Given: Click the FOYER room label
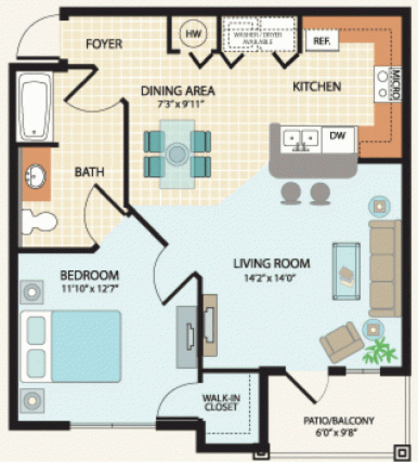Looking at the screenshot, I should click(104, 44).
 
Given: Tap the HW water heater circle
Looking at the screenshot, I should click(193, 34).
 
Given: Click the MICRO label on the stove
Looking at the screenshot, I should click(396, 84).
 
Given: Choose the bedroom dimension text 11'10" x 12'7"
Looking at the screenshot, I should click(89, 287).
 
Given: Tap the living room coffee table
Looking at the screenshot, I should click(347, 271).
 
